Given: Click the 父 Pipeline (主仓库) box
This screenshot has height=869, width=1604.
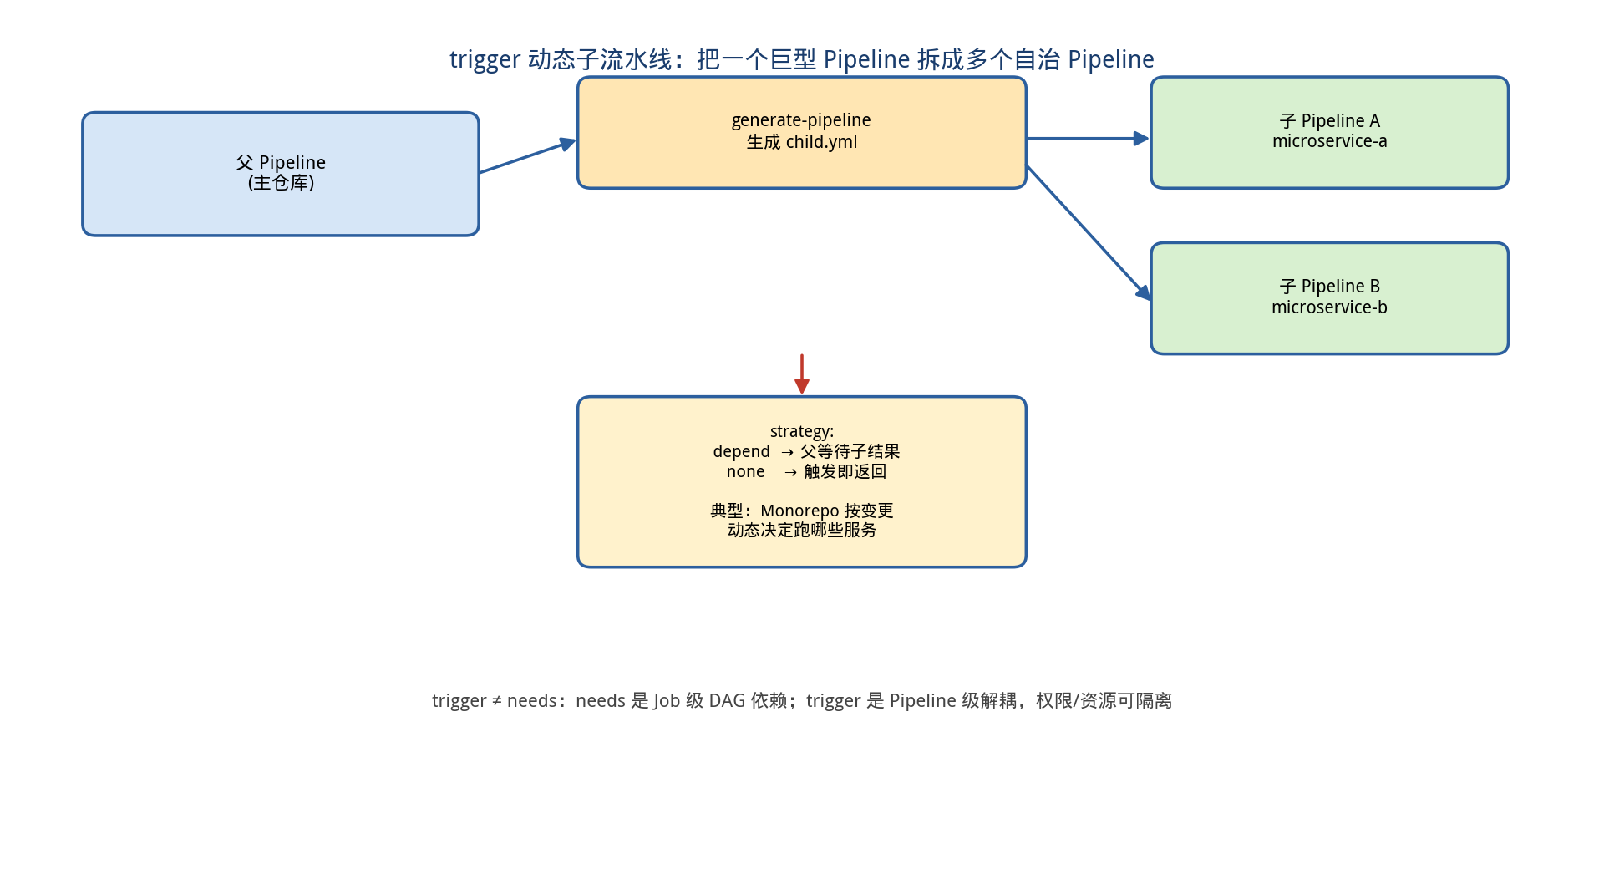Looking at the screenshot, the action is click(281, 174).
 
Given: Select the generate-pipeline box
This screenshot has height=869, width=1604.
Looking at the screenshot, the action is click(802, 133).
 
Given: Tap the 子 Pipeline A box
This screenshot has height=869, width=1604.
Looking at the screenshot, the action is click(1330, 133).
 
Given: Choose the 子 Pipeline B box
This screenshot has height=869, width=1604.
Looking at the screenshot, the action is click(1330, 298).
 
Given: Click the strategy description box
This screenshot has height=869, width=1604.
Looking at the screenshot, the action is click(802, 482).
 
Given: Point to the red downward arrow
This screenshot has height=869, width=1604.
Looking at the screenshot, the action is click(802, 374).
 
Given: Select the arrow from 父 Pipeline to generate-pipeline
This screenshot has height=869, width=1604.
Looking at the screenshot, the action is click(528, 156).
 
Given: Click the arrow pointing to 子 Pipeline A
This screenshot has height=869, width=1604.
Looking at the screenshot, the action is click(1088, 139).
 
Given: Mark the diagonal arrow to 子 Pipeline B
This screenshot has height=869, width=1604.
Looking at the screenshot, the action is click(1089, 232).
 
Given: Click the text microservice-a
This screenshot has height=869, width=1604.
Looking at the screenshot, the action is click(1330, 141).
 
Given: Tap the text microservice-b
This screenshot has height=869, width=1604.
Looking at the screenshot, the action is click(1330, 307).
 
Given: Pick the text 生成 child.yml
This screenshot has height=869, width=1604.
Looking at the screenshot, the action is click(802, 142).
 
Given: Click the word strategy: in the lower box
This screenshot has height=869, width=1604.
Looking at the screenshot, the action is click(802, 432).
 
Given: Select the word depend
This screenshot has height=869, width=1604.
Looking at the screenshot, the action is click(742, 451).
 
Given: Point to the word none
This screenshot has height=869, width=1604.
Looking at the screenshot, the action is click(746, 472).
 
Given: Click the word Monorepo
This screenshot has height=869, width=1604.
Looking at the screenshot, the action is click(799, 511).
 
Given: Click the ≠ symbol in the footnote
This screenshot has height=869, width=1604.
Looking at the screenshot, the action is click(497, 701).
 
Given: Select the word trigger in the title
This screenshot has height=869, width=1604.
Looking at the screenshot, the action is click(485, 60).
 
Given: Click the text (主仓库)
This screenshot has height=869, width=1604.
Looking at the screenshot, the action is click(281, 183).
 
